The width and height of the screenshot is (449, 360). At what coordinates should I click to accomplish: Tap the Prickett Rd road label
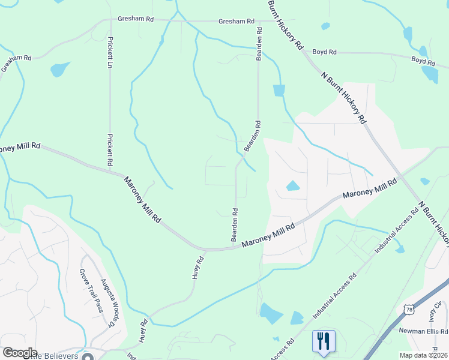(110, 149)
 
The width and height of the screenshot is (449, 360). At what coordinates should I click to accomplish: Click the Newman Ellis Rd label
(423, 331)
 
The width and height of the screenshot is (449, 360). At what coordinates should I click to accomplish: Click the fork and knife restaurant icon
(324, 341)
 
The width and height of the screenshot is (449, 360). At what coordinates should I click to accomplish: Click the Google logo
(20, 353)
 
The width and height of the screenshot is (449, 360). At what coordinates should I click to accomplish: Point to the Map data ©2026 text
(423, 355)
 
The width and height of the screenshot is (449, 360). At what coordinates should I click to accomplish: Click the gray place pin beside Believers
(88, 356)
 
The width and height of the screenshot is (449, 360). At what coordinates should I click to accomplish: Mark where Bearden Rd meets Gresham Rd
(259, 22)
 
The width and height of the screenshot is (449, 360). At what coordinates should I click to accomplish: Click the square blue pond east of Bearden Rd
(279, 90)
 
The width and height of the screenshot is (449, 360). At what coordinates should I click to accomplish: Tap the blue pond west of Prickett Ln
(60, 69)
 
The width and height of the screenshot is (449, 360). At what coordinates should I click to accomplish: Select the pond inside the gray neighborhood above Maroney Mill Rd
(293, 186)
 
